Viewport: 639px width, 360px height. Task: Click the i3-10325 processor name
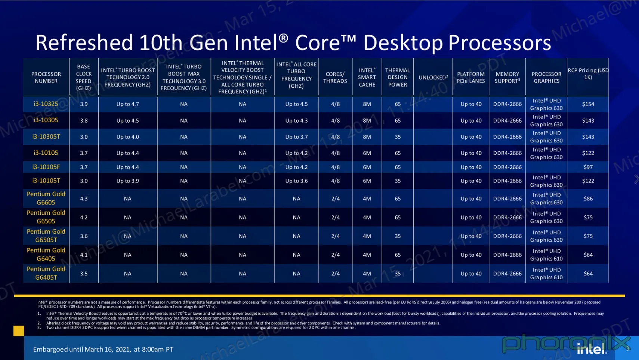46,104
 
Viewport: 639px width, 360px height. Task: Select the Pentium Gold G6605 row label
46,198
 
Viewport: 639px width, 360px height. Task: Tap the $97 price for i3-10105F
588,167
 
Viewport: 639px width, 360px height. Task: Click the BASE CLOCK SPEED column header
84,77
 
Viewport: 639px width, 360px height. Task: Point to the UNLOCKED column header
433,77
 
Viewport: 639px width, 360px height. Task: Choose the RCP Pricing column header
588,74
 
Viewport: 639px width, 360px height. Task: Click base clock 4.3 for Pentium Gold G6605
84,199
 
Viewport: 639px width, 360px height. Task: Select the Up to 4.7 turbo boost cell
127,104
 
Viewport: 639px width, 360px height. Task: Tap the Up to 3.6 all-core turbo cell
296,181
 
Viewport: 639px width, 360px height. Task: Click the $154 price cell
588,104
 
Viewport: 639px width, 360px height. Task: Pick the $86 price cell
588,199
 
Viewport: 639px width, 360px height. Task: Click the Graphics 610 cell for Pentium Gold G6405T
546,274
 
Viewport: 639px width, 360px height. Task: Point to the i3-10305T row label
46,137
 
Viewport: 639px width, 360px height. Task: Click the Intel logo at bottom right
592,349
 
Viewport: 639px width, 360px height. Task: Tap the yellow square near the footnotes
19,330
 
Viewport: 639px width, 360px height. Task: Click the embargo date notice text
103,349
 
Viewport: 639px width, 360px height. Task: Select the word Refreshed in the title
84,43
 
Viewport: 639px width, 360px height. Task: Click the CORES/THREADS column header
335,77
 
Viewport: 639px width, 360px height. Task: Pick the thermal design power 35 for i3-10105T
398,181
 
